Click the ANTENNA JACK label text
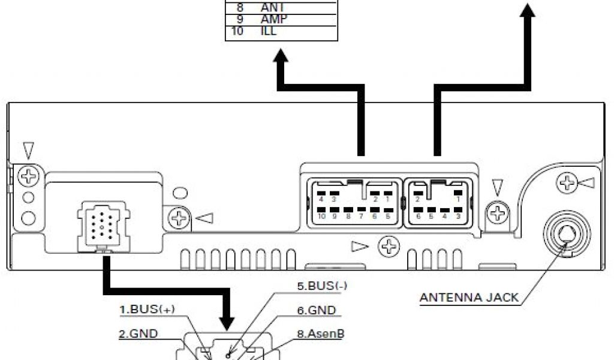pos(468,297)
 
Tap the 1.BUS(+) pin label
pos(146,310)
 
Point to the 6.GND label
pos(316,310)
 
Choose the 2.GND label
pos(138,334)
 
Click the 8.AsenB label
pos(320,334)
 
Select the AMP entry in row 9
pos(273,19)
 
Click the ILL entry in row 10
pos(269,31)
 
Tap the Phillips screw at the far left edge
pos(28,176)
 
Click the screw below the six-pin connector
pos(390,245)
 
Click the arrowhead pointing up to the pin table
pos(280,58)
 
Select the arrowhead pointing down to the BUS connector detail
pos(227,323)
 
